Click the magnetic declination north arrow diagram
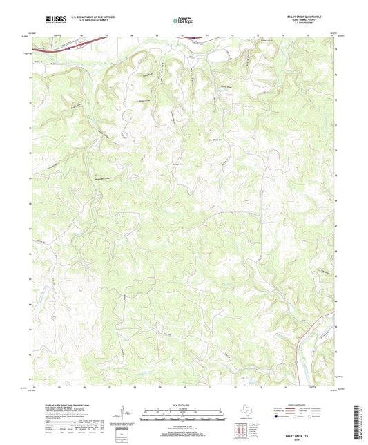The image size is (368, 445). point(124,415)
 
